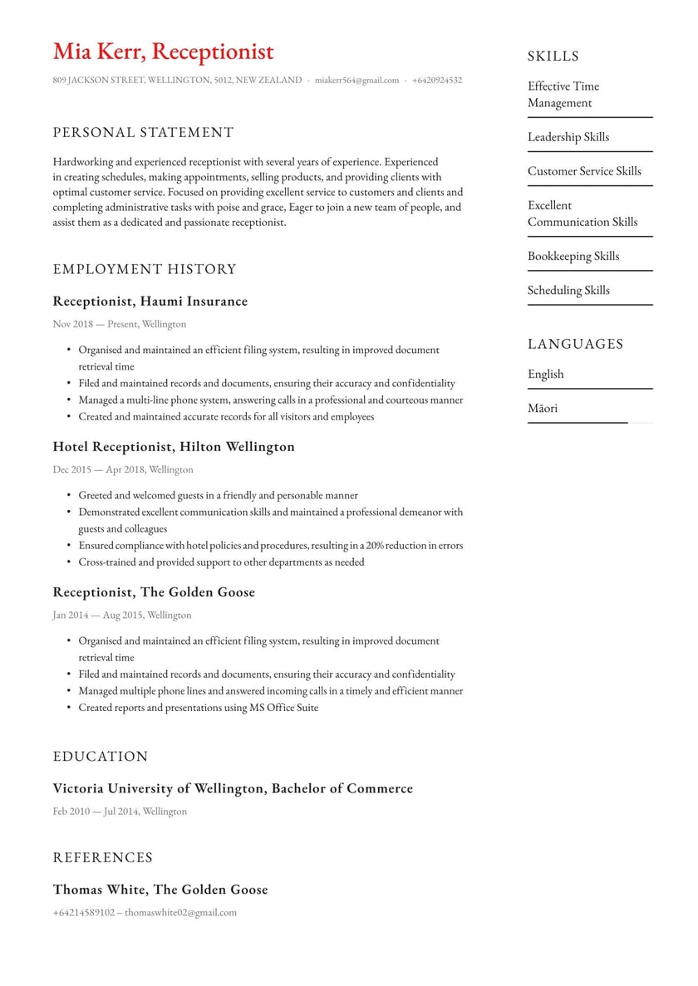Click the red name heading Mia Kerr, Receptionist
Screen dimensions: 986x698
tap(163, 52)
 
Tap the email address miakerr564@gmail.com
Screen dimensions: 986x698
tap(356, 81)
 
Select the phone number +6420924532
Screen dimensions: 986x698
tap(435, 81)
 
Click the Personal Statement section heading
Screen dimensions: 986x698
tap(143, 132)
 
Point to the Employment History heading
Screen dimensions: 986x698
tap(145, 269)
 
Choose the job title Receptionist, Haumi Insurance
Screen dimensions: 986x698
tap(150, 301)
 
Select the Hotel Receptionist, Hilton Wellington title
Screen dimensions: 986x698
tap(174, 446)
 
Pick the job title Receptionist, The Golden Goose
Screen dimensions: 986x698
tap(154, 591)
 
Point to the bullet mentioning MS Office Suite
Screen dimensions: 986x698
tap(198, 708)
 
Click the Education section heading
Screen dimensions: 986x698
tap(101, 756)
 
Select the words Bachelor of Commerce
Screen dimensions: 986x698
tap(342, 788)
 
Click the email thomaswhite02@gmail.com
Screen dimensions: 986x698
tap(180, 912)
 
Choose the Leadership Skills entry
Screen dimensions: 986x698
tap(568, 137)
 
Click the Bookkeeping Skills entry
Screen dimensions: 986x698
tap(573, 256)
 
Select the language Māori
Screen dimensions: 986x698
tap(543, 408)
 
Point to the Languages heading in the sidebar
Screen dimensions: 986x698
tap(575, 344)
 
